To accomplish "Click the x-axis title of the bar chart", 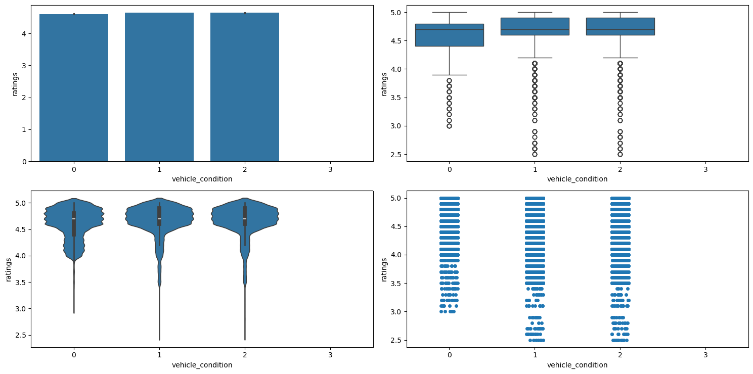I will tap(202, 179).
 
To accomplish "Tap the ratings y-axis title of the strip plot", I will tap(384, 269).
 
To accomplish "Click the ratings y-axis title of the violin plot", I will tap(9, 269).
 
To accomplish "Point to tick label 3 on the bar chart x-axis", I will tap(330, 169).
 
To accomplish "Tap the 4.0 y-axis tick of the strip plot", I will tap(396, 255).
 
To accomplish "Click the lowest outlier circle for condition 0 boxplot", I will tap(449, 126).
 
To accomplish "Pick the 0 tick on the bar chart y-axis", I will tap(24, 161).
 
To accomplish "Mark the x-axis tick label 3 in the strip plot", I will tap(705, 355).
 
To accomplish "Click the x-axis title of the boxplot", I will tap(577, 179).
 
